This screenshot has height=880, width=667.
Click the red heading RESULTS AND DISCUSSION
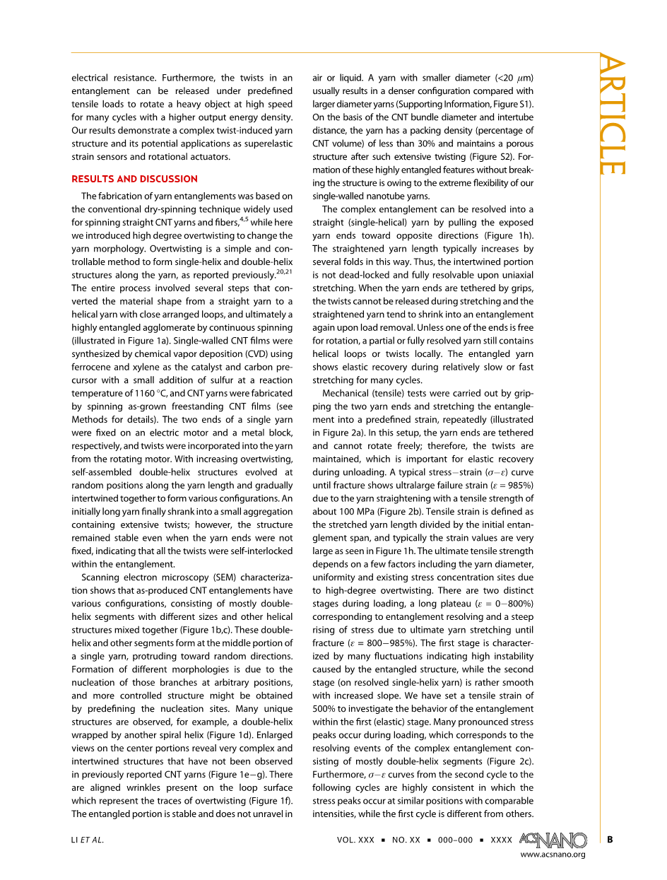(134, 179)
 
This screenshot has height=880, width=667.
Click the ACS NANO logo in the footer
(553, 840)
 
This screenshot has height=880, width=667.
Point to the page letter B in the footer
(610, 840)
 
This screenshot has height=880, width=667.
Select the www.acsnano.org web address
(553, 855)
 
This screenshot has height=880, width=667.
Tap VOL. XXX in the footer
(355, 840)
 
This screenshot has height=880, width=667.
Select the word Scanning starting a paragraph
(102, 577)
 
